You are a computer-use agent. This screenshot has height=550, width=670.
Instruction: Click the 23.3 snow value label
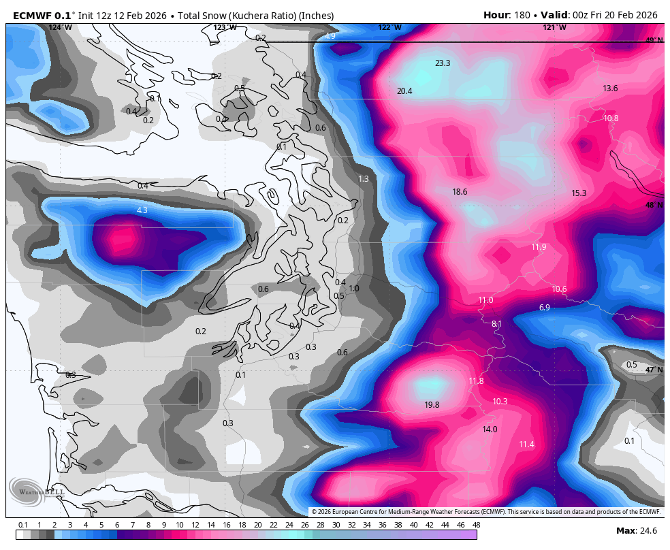443,63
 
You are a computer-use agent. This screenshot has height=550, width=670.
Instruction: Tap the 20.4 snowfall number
404,91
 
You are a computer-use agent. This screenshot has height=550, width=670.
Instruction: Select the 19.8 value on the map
432,405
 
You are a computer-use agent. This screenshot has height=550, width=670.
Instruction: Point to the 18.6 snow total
460,192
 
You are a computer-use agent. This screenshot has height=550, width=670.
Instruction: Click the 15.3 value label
579,193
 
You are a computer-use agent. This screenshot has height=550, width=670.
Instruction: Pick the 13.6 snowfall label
610,88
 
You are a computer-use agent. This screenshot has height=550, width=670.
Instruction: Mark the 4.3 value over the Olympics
142,210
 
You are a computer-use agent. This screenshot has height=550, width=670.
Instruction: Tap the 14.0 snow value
490,430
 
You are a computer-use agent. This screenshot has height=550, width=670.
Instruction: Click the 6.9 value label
544,308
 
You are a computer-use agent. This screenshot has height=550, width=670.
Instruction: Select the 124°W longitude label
60,27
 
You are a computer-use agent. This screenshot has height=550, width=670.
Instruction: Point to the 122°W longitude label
390,27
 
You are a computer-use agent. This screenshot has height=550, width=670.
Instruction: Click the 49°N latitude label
654,41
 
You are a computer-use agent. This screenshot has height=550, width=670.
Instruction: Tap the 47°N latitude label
654,370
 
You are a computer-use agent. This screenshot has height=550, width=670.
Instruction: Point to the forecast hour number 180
524,15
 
